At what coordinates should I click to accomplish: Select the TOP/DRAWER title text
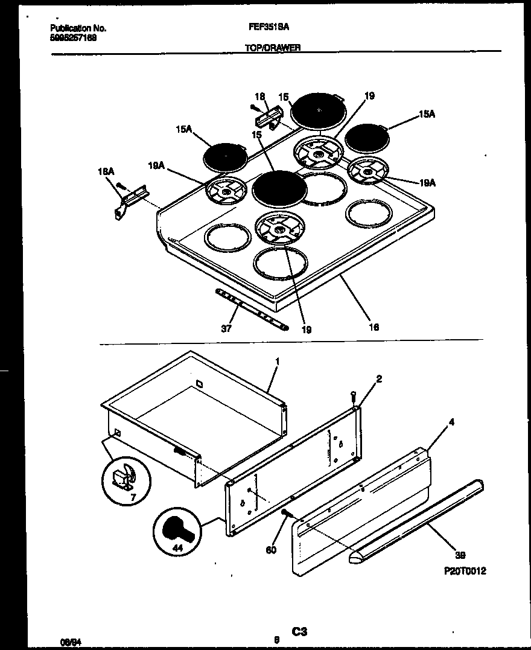coord(272,47)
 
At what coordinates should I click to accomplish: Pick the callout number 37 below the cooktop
coord(226,330)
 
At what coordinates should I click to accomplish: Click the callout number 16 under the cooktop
coord(374,327)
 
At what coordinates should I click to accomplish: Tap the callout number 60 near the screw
coord(271,549)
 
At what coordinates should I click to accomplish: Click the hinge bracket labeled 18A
coord(127,199)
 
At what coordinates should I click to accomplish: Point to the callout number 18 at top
coord(259,97)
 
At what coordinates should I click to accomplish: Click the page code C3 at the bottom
coord(300,632)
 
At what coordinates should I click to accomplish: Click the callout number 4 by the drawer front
coord(451,423)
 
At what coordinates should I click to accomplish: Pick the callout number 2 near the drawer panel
coord(379,379)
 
